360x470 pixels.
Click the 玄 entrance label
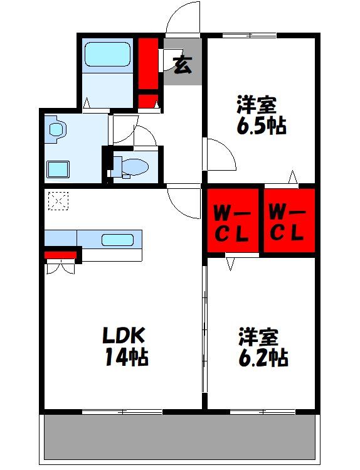click(x=182, y=64)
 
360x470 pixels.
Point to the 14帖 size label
click(x=127, y=357)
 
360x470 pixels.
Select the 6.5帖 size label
click(x=261, y=126)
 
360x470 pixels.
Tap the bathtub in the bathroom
click(x=107, y=55)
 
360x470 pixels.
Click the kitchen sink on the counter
click(x=117, y=239)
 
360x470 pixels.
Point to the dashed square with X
click(x=57, y=201)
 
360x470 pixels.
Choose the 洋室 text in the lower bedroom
click(x=257, y=336)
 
